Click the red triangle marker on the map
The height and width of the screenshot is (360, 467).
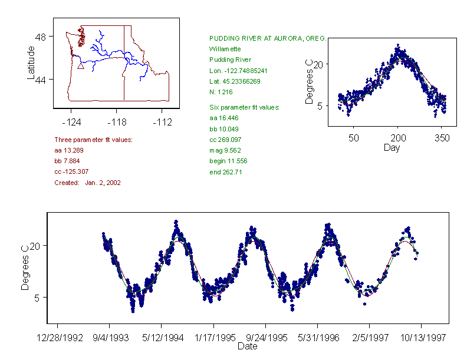pos(81,66)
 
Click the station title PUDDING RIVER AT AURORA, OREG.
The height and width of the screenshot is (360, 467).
pos(268,38)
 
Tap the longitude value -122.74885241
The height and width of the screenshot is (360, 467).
pos(238,71)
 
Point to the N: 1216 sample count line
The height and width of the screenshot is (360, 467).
pos(221,93)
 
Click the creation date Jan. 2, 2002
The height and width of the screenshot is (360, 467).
pos(103,183)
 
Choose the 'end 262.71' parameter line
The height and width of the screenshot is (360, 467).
pos(226,172)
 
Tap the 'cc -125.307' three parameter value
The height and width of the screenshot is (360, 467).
pos(71,172)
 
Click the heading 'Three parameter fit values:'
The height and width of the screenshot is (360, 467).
pos(93,140)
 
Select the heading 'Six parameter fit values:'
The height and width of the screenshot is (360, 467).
pos(244,107)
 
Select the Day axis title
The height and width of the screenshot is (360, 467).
pos(392,148)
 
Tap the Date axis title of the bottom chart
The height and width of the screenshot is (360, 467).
pos(247,346)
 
